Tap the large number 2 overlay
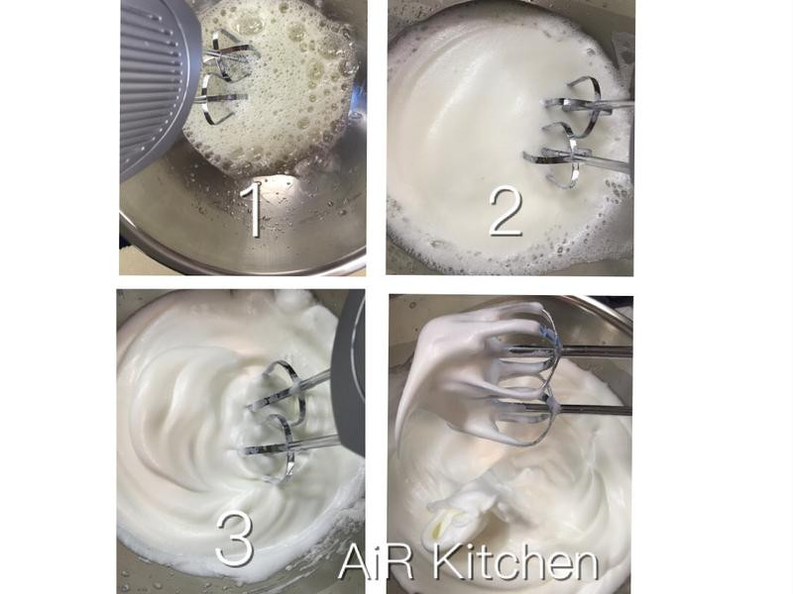[x=506, y=212]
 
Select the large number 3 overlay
[x=234, y=539]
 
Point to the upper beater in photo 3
[x=283, y=389]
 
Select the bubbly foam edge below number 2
[x=506, y=252]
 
